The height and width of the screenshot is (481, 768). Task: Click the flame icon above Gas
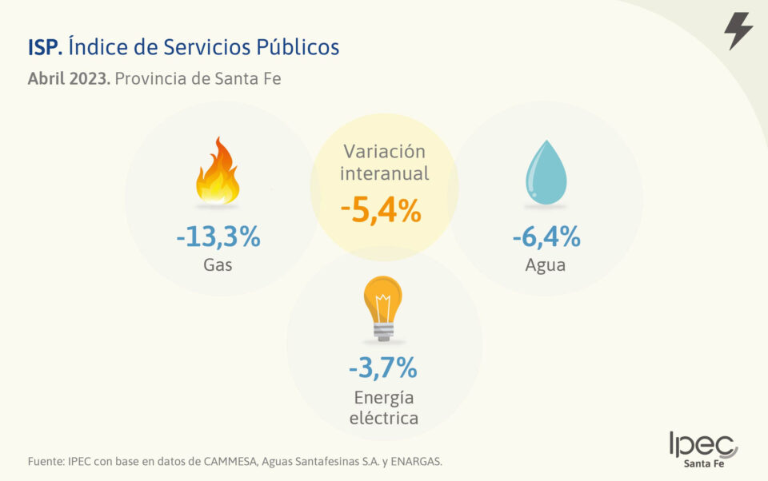(218, 172)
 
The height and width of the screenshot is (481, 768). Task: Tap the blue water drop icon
(546, 172)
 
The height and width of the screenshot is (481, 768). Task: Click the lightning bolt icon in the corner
(738, 31)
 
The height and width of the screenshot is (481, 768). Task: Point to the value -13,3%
(218, 237)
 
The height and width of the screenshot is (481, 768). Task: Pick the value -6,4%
(546, 237)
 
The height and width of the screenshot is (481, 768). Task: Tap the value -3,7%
(383, 368)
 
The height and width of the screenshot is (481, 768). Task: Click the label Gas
(218, 264)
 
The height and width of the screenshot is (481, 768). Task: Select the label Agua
(546, 265)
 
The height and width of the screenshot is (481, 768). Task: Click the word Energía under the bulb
(383, 398)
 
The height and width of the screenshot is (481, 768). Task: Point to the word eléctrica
(383, 418)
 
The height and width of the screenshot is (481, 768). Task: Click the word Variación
(384, 151)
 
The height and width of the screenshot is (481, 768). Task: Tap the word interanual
(384, 173)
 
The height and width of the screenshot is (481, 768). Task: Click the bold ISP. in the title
(45, 47)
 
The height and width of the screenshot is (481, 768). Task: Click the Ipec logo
(703, 449)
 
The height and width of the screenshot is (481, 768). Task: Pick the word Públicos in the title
(297, 47)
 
